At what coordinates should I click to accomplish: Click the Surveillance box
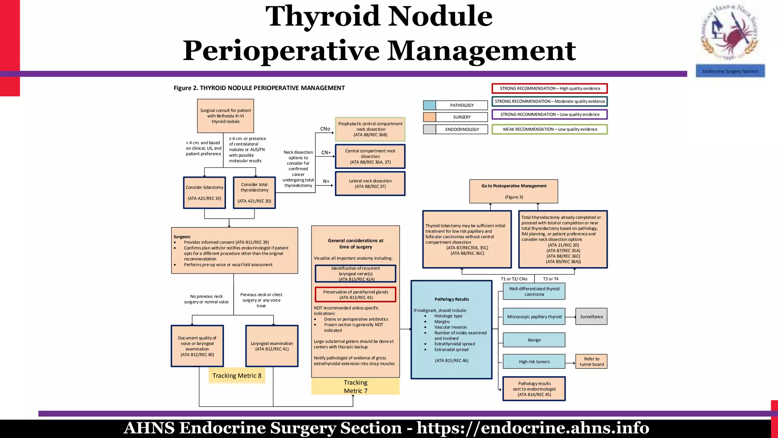point(591,316)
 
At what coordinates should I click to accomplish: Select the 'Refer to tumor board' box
point(591,362)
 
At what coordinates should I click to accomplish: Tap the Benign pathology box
point(534,340)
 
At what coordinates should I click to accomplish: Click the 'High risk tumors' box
point(534,362)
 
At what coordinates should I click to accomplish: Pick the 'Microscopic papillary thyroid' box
point(534,316)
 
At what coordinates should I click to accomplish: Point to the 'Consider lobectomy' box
point(204,193)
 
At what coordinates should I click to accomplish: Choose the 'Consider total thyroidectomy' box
point(254,193)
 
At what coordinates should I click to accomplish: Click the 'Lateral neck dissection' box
point(370,184)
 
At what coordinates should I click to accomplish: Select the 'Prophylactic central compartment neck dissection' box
point(370,129)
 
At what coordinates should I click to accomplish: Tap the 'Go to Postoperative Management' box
point(514,191)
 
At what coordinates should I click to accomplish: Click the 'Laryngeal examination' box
point(272,346)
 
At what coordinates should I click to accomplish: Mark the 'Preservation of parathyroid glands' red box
point(355,295)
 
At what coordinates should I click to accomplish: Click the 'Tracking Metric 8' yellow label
point(237,376)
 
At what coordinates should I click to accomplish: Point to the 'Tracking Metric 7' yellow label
point(355,387)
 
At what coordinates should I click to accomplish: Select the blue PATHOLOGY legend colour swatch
point(429,105)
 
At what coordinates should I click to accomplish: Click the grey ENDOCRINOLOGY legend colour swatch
point(429,129)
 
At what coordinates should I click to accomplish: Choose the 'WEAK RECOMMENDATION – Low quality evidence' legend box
point(549,129)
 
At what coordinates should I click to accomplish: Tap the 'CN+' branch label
point(326,152)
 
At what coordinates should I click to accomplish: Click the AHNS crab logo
point(729,32)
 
